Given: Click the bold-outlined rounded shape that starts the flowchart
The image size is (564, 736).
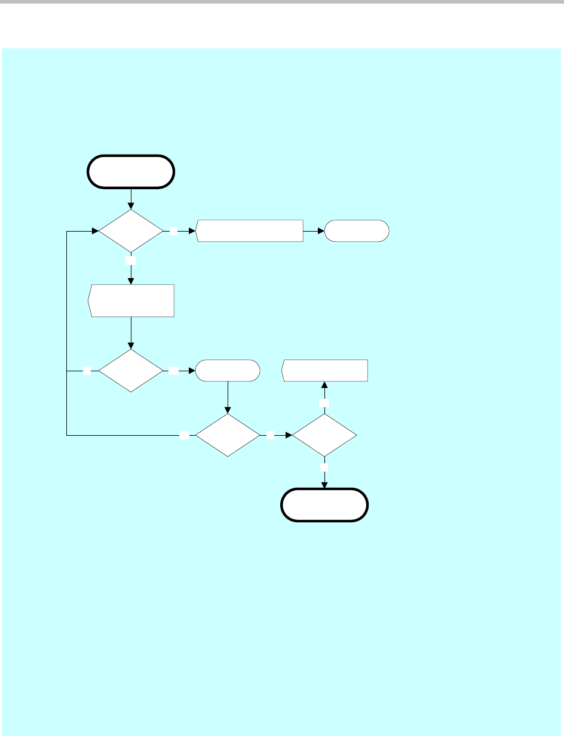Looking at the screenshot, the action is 131,172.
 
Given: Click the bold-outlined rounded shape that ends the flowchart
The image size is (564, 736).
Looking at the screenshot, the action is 324,505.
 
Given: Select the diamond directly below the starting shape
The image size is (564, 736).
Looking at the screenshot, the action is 130,230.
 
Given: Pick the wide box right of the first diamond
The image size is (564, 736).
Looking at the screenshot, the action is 249,230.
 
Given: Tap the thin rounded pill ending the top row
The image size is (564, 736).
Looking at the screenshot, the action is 356,230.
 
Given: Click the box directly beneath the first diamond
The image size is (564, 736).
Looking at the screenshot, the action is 131,301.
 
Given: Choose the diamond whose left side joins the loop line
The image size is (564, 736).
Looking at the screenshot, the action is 130,371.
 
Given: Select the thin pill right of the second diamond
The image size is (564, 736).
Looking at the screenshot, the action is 228,371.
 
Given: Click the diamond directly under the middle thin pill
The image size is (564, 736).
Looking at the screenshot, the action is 228,436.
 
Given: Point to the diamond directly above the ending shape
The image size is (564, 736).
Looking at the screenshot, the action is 324,436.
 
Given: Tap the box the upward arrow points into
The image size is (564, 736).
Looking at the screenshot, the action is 324,371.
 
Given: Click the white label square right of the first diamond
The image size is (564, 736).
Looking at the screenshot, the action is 174,230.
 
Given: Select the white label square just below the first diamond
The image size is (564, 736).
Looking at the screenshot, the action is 131,261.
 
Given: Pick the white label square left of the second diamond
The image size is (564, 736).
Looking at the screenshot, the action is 87,371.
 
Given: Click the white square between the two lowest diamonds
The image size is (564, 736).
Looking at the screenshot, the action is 271,436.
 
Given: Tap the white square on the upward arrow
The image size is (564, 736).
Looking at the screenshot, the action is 324,404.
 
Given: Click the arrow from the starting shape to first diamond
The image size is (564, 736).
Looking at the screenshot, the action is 131,199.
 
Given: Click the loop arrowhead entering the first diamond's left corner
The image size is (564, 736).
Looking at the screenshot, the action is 94,230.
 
